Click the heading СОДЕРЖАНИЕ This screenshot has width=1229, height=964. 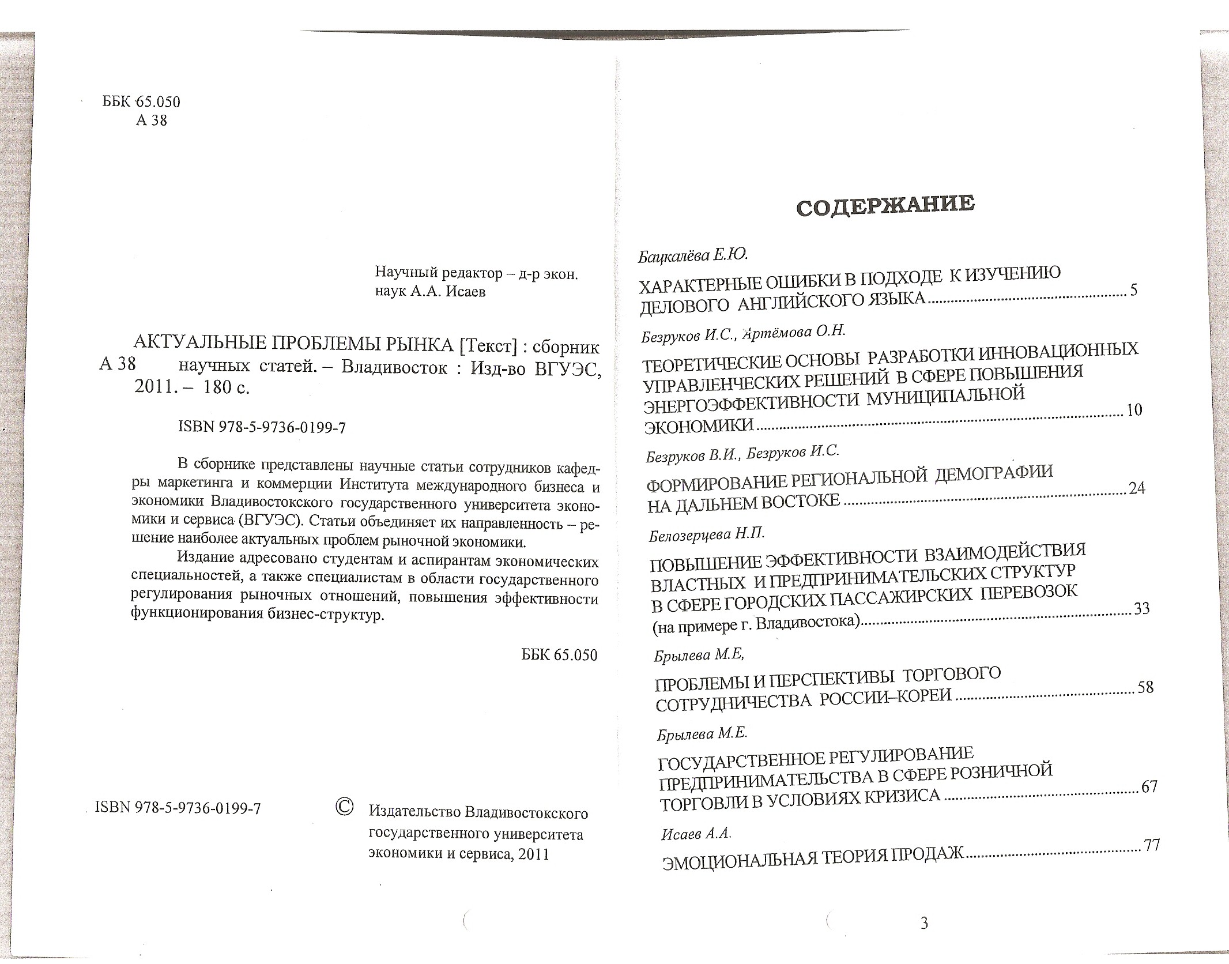click(x=885, y=205)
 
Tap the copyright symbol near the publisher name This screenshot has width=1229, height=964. click(x=344, y=807)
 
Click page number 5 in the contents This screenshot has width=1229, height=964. click(x=1133, y=290)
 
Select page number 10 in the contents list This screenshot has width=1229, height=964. click(x=1134, y=410)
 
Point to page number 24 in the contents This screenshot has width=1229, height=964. click(x=1137, y=488)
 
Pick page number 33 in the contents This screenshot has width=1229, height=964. click(x=1141, y=609)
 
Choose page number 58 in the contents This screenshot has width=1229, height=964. click(x=1145, y=687)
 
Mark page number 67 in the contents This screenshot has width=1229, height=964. click(x=1149, y=787)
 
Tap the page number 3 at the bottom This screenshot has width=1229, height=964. click(x=924, y=924)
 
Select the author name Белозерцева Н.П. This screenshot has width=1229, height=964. click(x=707, y=535)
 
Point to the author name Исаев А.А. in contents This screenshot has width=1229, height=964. click(x=696, y=833)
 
